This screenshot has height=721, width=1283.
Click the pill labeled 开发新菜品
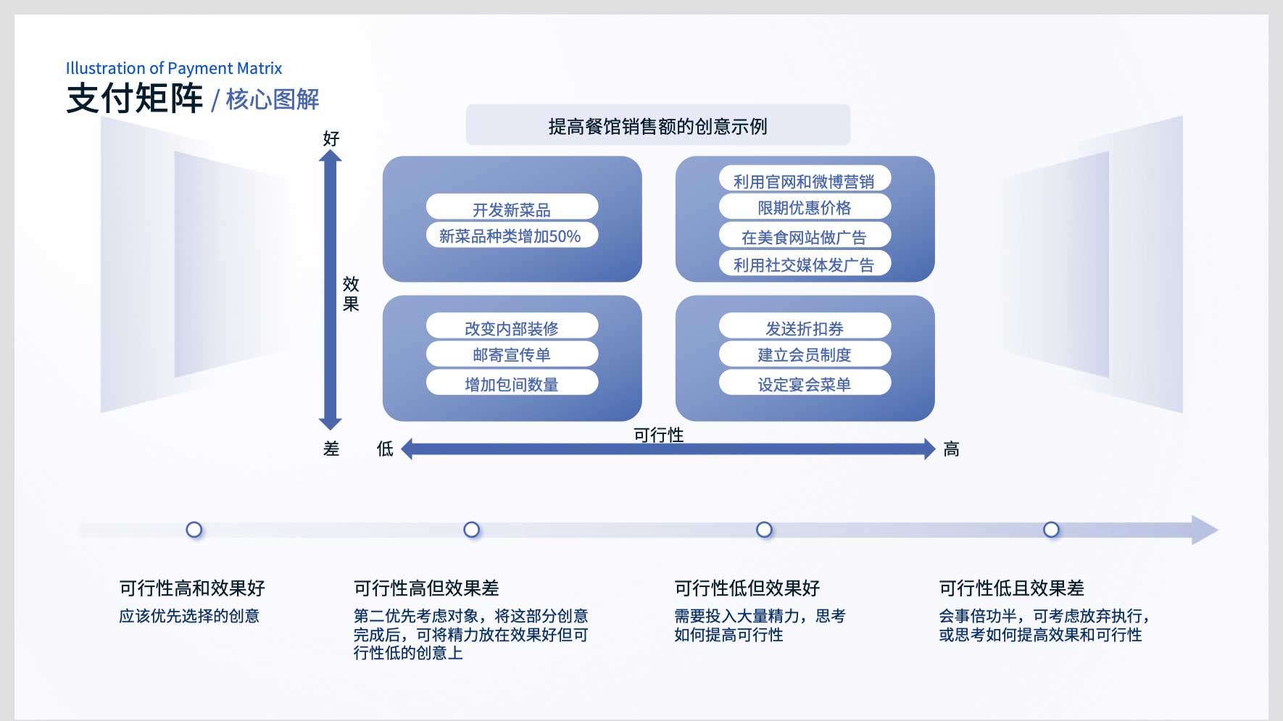point(512,207)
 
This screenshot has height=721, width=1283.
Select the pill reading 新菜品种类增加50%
point(512,235)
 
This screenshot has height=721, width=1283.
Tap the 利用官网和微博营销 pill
point(805,179)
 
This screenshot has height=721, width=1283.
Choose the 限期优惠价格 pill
point(805,207)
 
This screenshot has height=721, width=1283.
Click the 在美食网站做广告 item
point(805,236)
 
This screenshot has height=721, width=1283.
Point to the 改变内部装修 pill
point(512,326)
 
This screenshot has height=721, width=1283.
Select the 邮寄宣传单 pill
point(512,354)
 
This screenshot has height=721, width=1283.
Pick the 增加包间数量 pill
point(512,383)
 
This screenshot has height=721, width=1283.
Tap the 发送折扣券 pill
point(805,326)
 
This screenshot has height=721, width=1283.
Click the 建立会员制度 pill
point(805,354)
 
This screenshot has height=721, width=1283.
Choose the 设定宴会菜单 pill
point(805,383)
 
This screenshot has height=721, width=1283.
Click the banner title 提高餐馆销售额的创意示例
point(657,126)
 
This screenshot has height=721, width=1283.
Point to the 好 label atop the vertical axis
point(331,138)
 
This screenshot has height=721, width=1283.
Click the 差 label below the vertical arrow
point(331,449)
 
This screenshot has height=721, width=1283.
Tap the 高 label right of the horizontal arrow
point(951,449)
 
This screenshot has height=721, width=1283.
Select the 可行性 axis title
point(658,435)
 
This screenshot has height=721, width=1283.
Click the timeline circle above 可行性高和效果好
point(194,530)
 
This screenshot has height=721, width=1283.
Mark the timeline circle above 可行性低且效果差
point(1051,530)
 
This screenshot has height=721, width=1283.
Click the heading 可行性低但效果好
point(747,588)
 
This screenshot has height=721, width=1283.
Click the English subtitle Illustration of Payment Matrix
point(174,68)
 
